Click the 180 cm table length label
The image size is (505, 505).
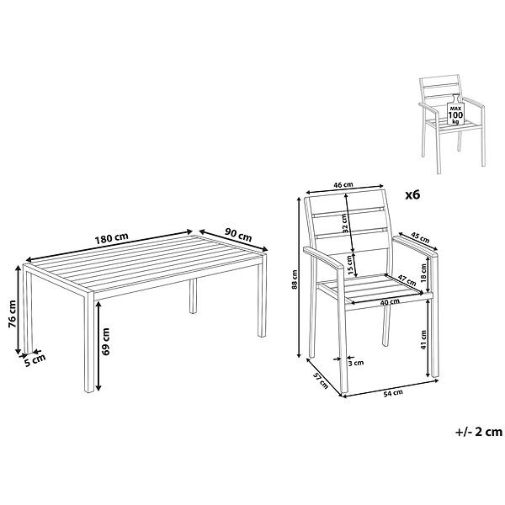coord(111,237)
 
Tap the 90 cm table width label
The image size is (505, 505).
coord(238,235)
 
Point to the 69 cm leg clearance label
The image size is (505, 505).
coord(105,342)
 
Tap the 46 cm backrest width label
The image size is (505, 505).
coord(343,185)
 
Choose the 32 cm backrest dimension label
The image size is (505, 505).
coord(345,224)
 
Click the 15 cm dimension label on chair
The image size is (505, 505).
coord(350,264)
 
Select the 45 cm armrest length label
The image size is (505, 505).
coord(420,238)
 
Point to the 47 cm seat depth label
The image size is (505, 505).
coord(407,280)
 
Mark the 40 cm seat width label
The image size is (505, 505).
coord(390,302)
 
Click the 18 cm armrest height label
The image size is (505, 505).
coord(423,272)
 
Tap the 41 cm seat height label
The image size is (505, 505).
coord(423,340)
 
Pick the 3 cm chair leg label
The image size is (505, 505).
coord(356,363)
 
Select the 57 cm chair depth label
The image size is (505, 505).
coord(321,380)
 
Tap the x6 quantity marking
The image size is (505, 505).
coord(412,195)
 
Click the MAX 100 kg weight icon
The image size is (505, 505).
coord(455,109)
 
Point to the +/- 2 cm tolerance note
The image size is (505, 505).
coord(479,432)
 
